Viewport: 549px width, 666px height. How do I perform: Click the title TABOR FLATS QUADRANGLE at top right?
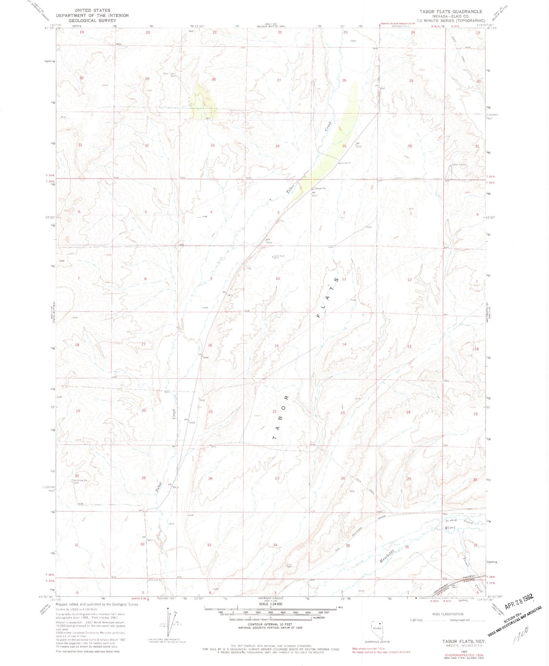click(x=451, y=12)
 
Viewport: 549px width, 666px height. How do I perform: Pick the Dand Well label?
click(x=278, y=256)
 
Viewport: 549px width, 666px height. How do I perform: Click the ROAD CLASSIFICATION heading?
click(x=447, y=614)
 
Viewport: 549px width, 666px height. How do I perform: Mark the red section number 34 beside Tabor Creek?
click(x=278, y=146)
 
